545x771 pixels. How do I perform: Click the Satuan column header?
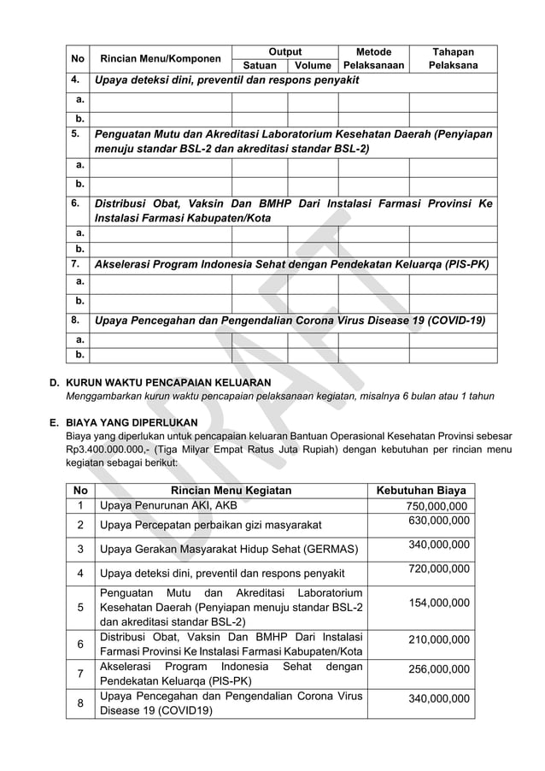(x=259, y=65)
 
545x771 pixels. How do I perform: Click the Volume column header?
(x=313, y=65)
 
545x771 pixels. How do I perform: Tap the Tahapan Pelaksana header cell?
(x=453, y=58)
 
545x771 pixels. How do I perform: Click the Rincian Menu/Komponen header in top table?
(x=161, y=59)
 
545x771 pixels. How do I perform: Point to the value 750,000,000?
(x=437, y=507)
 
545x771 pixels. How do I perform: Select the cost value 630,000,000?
(x=438, y=521)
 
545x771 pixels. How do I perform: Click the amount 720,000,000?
(x=438, y=568)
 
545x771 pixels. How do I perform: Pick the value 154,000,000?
(x=438, y=603)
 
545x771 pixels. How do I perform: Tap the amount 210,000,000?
(x=438, y=639)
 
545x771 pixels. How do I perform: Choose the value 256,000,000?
(x=438, y=668)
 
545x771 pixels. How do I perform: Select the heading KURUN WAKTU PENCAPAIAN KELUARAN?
(x=168, y=382)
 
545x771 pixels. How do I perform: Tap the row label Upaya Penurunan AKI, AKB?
(x=168, y=506)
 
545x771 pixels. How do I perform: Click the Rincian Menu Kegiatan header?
(x=231, y=491)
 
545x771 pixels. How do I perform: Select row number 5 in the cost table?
(x=80, y=608)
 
